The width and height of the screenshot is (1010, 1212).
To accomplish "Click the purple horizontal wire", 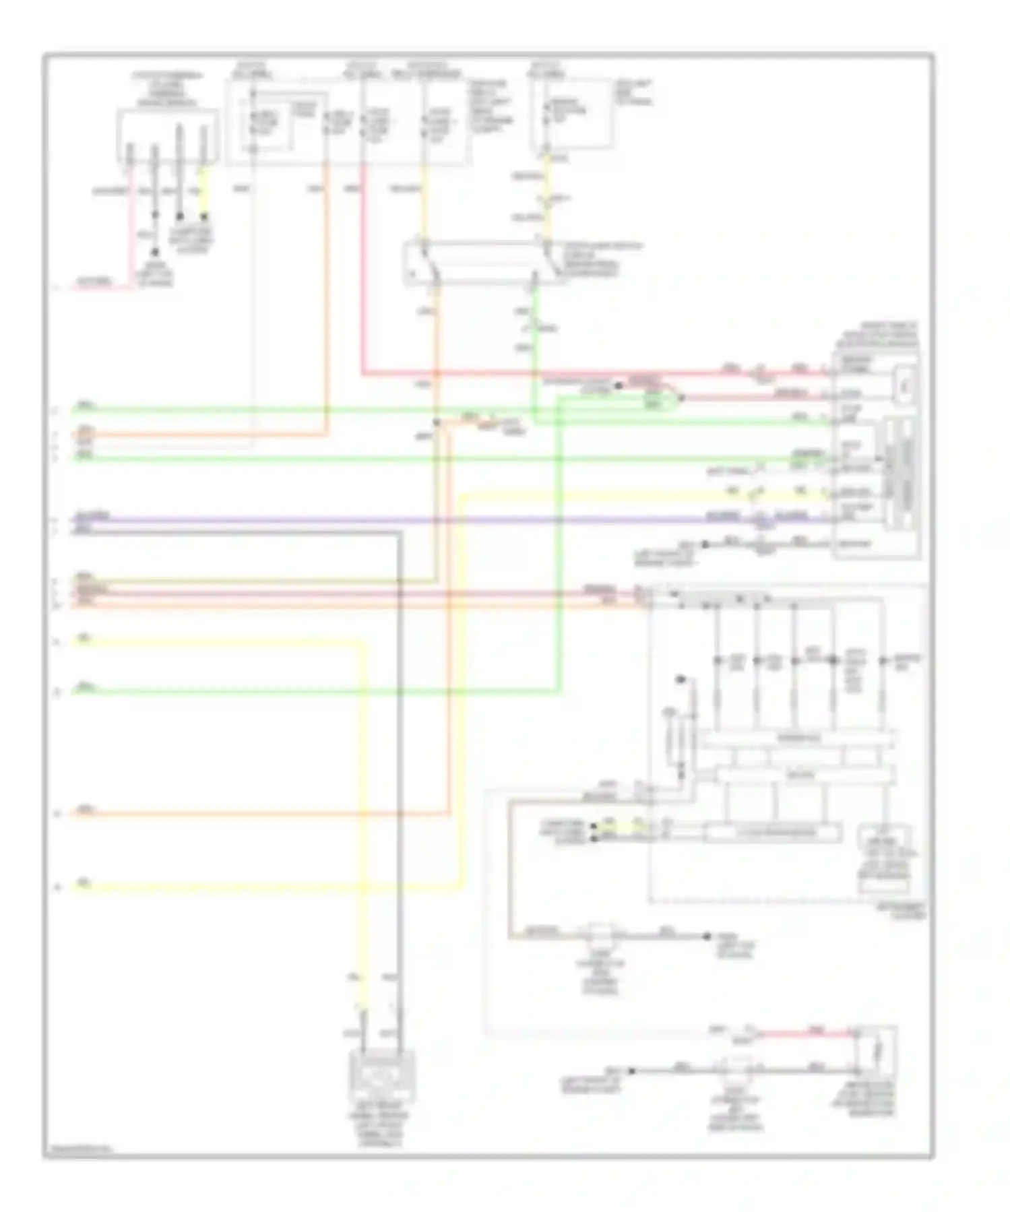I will click(404, 519).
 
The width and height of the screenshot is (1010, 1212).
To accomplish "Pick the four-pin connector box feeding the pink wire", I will click(168, 137).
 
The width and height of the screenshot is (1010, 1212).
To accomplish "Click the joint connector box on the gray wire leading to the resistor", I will click(738, 1070).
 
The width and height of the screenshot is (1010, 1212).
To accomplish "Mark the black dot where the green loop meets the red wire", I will click(681, 397).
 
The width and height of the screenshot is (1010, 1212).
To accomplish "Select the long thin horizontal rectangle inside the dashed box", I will click(773, 833).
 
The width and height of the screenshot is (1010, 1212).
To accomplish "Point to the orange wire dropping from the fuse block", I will click(327, 296).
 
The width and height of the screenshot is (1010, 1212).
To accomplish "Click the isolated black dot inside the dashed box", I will click(681, 678).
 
